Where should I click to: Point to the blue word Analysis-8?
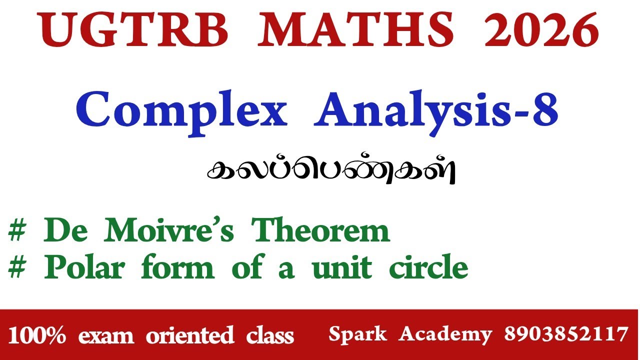click(x=436, y=111)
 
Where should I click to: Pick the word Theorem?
click(x=320, y=231)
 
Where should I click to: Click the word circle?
click(x=428, y=268)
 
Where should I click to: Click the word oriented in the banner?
click(x=190, y=335)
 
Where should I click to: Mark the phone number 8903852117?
click(x=565, y=333)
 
